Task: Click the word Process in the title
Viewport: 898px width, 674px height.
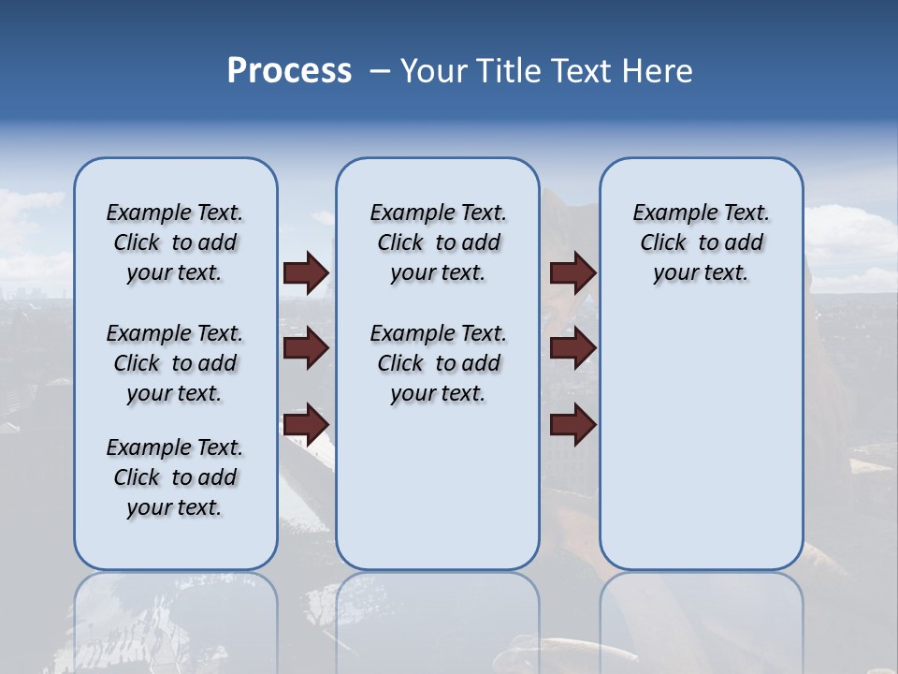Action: [x=289, y=71]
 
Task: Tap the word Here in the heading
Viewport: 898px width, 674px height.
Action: [x=659, y=71]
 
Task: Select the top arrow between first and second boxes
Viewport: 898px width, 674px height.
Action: [x=306, y=272]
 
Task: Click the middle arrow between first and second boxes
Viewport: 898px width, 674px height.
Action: [x=306, y=348]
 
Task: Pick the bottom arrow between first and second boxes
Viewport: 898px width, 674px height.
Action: [x=306, y=425]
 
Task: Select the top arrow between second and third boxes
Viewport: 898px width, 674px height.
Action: [x=572, y=272]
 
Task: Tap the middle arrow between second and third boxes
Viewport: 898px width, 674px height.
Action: [x=572, y=348]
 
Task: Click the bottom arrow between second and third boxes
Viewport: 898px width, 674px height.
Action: [x=572, y=425]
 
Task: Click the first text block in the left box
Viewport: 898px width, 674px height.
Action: [x=175, y=242]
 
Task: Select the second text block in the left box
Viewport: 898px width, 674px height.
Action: [x=175, y=363]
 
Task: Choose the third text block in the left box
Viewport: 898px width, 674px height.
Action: [x=175, y=477]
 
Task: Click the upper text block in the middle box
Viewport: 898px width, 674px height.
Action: [x=438, y=242]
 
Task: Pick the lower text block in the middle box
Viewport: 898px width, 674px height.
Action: [x=438, y=363]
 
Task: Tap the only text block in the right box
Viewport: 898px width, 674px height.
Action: [x=702, y=242]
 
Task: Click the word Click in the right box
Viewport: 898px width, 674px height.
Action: [x=663, y=243]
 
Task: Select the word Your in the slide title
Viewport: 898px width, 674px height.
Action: [x=434, y=71]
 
